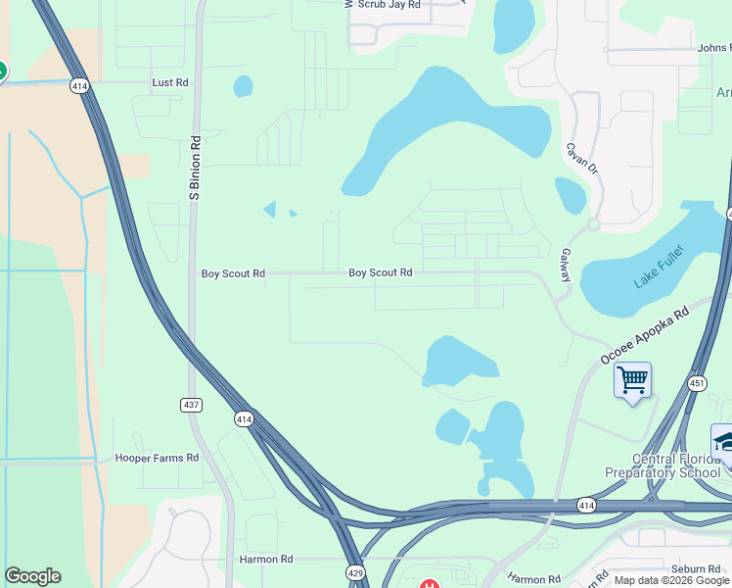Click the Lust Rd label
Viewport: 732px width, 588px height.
point(170,83)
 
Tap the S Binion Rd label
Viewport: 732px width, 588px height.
point(195,169)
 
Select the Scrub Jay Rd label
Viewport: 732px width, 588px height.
point(389,5)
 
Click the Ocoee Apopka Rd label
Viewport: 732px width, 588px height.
point(646,334)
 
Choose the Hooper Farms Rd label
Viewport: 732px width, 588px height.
point(157,458)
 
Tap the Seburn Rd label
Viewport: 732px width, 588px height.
point(696,568)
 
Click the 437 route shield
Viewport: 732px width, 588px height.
point(193,404)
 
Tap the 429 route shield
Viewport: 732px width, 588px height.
point(355,570)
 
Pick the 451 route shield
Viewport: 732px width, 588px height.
point(697,383)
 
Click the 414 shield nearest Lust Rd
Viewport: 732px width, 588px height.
point(80,87)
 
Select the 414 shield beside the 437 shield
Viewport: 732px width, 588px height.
point(244,418)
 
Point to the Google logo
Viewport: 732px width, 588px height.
point(32,576)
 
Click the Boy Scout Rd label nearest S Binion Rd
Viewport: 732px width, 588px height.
point(233,273)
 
